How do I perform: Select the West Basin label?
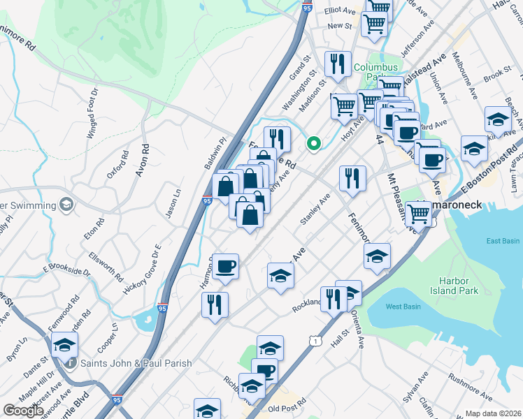pyautogui.click(x=402, y=307)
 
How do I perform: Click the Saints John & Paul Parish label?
pyautogui.click(x=136, y=363)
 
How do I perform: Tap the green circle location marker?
pyautogui.click(x=315, y=145)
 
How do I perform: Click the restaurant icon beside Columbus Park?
pyautogui.click(x=338, y=64)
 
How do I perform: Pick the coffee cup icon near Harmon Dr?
pyautogui.click(x=226, y=267)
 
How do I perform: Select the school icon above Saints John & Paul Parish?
pyautogui.click(x=64, y=344)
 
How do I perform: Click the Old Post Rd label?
pyautogui.click(x=283, y=409)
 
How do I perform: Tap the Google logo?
pyautogui.click(x=24, y=411)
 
